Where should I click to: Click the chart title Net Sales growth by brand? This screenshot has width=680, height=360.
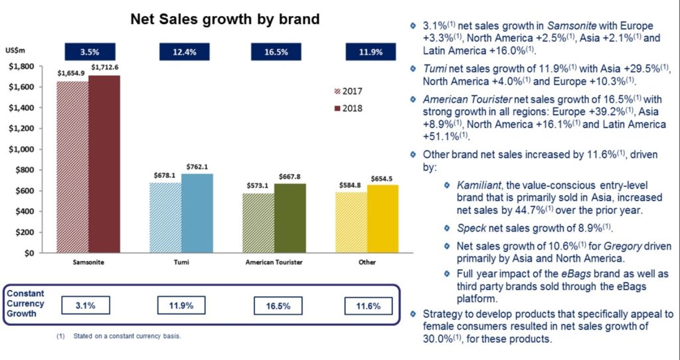[x=225, y=19]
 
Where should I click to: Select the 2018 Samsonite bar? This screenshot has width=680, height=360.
[x=104, y=164]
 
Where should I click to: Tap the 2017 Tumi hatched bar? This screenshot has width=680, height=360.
[x=165, y=218]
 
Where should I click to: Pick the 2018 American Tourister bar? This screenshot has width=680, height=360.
[x=290, y=218]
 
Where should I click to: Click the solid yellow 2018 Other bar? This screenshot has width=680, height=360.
[x=382, y=219]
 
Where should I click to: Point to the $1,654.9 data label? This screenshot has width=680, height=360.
[x=71, y=74]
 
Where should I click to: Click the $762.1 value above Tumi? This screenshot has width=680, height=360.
[x=197, y=167]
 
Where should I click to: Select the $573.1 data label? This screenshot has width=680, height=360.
[x=258, y=185]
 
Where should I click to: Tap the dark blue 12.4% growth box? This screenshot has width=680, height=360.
[x=185, y=52]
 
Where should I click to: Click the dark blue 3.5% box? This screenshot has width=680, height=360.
[x=90, y=52]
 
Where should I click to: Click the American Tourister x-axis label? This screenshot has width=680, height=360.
[x=274, y=262]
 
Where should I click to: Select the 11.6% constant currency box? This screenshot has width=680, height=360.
[x=368, y=306]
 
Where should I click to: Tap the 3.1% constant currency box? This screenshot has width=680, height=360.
[x=86, y=306]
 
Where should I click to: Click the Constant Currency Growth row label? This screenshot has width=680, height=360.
[x=25, y=303]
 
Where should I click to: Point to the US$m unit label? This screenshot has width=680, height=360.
[x=15, y=50]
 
